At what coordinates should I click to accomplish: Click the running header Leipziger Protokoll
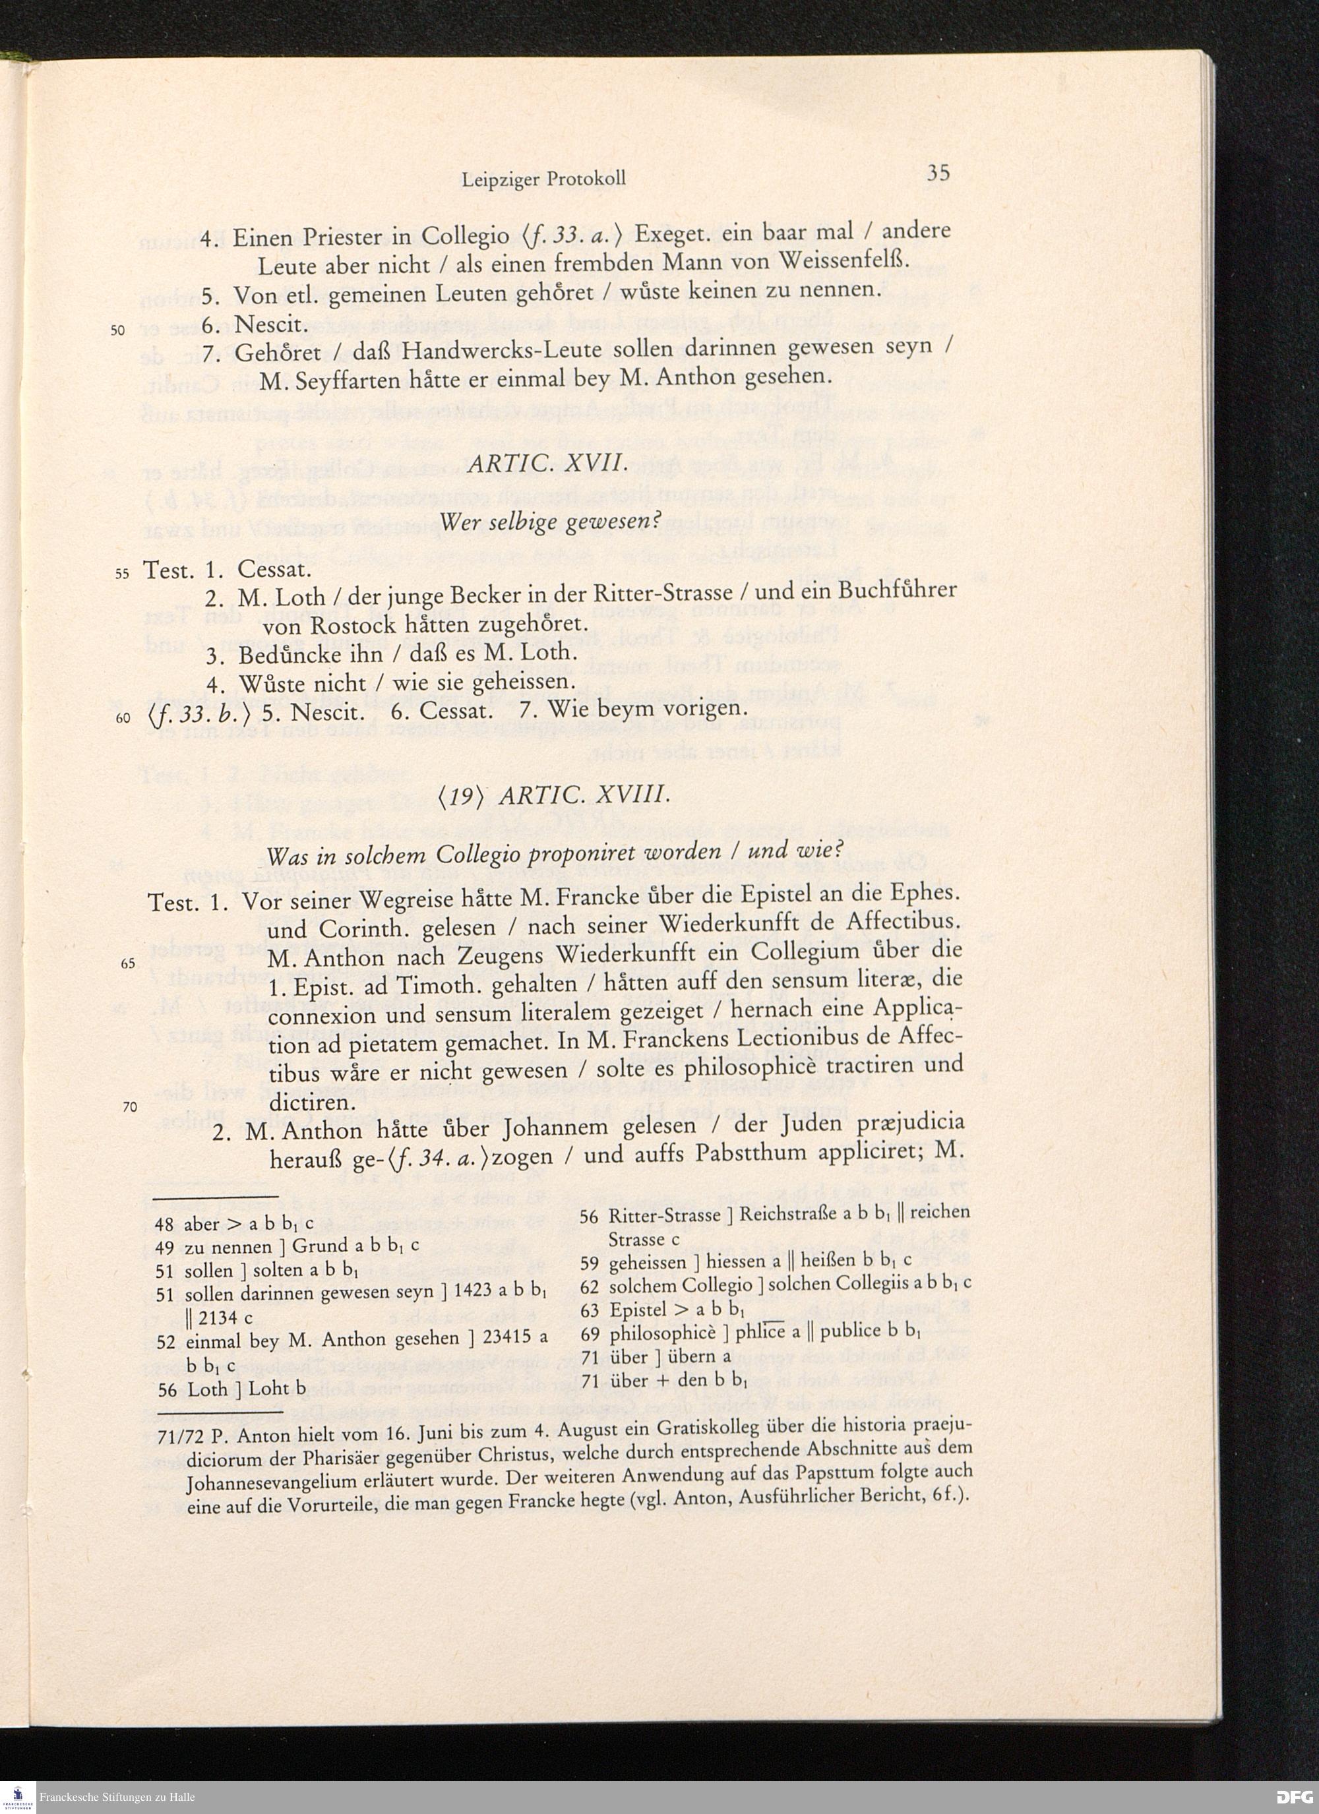tap(543, 179)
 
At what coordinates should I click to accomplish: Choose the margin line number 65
tap(128, 964)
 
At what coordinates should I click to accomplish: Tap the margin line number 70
tap(129, 1107)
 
